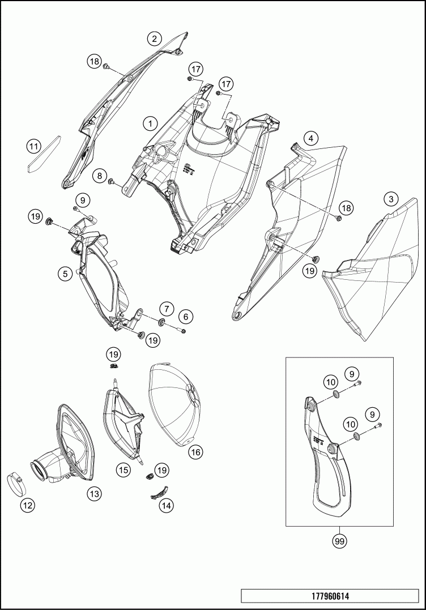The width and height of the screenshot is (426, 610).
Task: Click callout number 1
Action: pyautogui.click(x=150, y=122)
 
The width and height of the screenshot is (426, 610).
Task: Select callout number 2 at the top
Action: pyautogui.click(x=154, y=39)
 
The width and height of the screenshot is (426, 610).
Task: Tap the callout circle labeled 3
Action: pyautogui.click(x=390, y=199)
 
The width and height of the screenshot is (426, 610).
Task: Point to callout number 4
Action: pyautogui.click(x=310, y=138)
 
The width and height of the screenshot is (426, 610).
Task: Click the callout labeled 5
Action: pyautogui.click(x=66, y=273)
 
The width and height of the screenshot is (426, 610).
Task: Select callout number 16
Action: pyautogui.click(x=196, y=452)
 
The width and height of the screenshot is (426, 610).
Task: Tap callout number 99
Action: pyautogui.click(x=339, y=541)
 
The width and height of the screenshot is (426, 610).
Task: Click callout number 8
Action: pyautogui.click(x=100, y=176)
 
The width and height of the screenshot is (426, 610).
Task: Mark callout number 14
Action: pyautogui.click(x=166, y=506)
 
